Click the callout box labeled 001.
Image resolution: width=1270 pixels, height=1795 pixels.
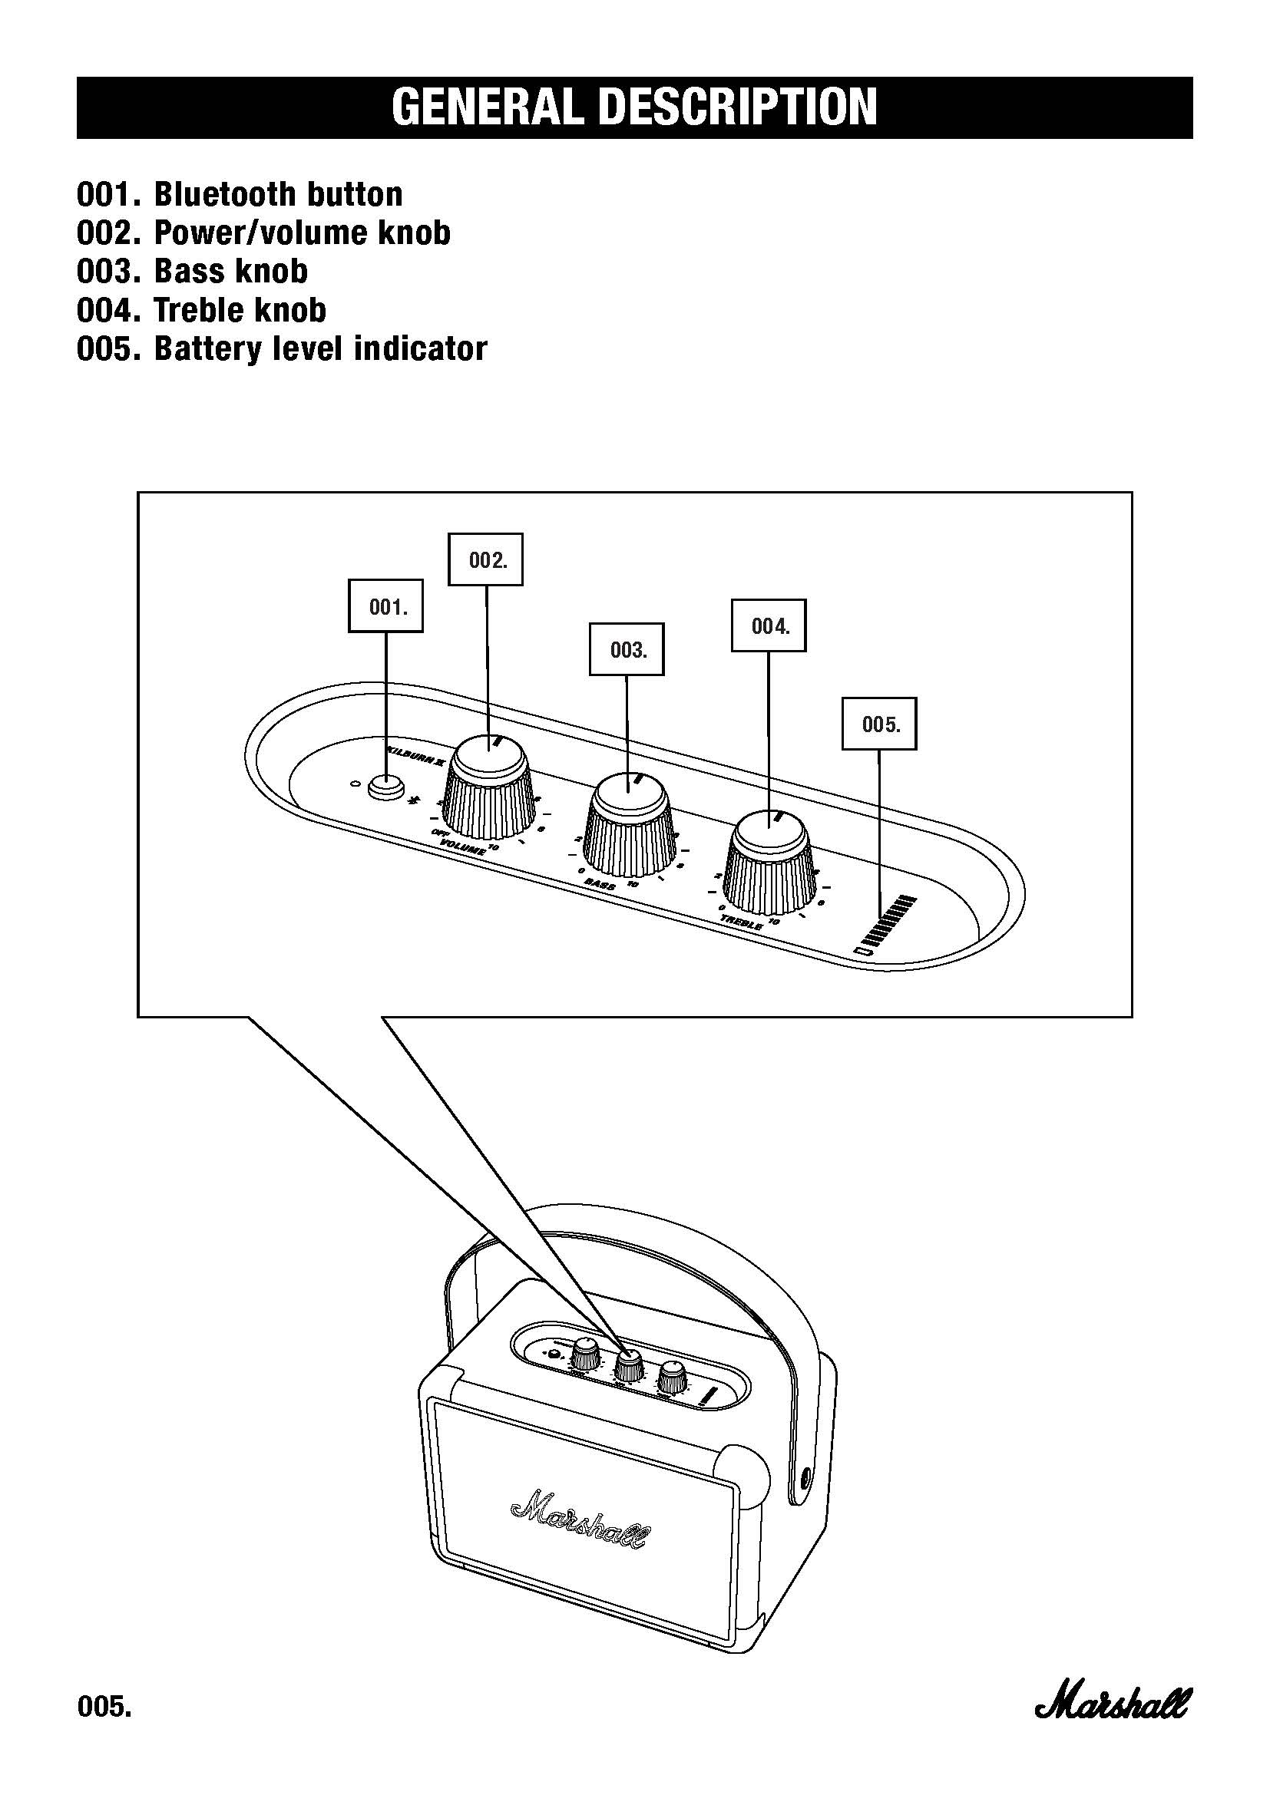click(x=385, y=606)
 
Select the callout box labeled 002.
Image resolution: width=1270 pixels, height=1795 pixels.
click(x=485, y=559)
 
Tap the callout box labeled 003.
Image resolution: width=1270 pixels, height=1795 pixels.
click(x=626, y=649)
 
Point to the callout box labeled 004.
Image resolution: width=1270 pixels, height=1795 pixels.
click(x=768, y=625)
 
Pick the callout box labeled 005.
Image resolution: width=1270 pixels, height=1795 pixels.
click(x=879, y=724)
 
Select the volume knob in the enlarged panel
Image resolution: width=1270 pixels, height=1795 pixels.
click(x=491, y=790)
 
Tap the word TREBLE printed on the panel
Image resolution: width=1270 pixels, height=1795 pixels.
click(x=742, y=922)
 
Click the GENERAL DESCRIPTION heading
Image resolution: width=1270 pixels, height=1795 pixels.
click(x=634, y=108)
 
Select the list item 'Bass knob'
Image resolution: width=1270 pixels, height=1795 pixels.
click(x=230, y=271)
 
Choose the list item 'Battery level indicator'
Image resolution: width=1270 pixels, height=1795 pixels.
click(x=320, y=348)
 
